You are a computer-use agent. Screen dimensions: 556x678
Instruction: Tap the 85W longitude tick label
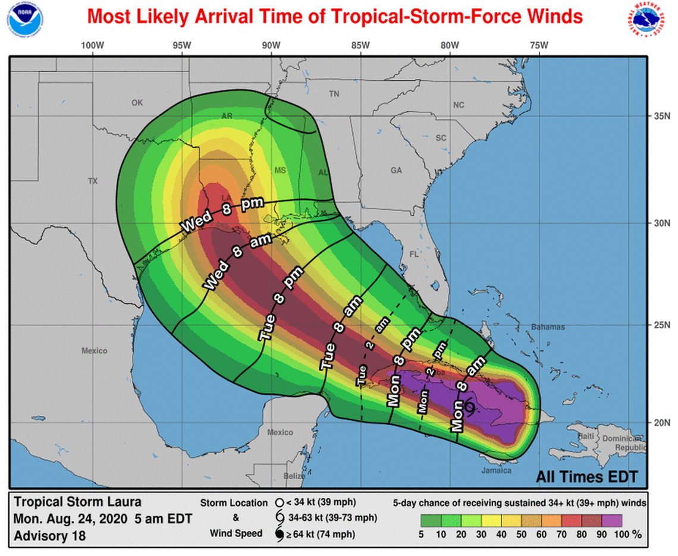click(x=360, y=46)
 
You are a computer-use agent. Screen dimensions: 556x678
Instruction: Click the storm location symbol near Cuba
click(x=469, y=407)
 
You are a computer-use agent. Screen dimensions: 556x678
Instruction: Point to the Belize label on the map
click(x=294, y=476)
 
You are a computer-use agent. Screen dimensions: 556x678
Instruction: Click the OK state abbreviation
click(x=137, y=103)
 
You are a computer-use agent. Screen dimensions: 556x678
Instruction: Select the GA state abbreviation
click(x=396, y=171)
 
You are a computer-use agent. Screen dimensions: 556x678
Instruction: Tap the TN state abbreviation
click(x=334, y=94)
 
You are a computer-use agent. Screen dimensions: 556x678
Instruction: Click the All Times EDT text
click(x=586, y=476)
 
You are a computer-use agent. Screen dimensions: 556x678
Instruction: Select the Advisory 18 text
click(x=49, y=536)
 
